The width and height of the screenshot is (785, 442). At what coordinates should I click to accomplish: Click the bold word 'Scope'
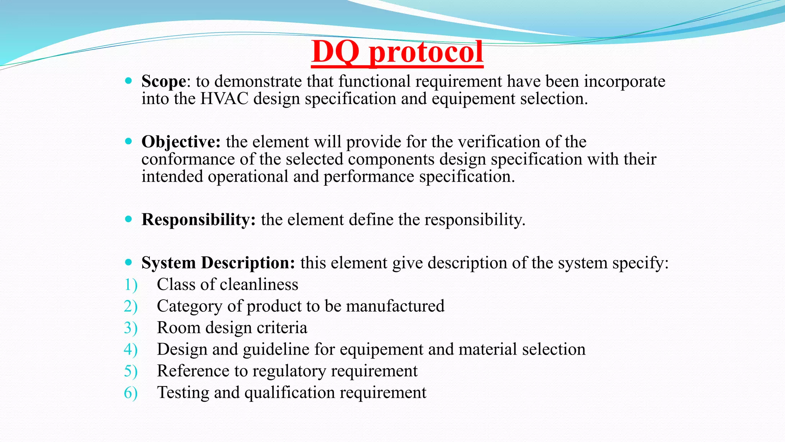click(x=164, y=81)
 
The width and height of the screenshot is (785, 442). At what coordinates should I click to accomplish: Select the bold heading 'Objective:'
click(x=181, y=142)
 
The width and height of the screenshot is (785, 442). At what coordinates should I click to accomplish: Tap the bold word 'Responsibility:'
click(x=199, y=219)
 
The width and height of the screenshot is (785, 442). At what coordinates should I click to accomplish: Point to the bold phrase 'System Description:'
click(x=218, y=263)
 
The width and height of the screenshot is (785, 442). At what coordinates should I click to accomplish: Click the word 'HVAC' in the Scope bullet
click(x=224, y=99)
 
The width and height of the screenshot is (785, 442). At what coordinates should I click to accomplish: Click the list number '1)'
click(x=131, y=285)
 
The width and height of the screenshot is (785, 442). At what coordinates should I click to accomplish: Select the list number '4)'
click(x=131, y=350)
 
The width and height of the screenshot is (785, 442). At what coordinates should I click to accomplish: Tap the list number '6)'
click(x=131, y=393)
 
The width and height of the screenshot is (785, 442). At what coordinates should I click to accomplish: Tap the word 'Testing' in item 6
click(x=183, y=393)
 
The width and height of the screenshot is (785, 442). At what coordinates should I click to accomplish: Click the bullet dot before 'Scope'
click(x=128, y=81)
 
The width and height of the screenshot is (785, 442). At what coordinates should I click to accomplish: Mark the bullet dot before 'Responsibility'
click(x=128, y=219)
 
